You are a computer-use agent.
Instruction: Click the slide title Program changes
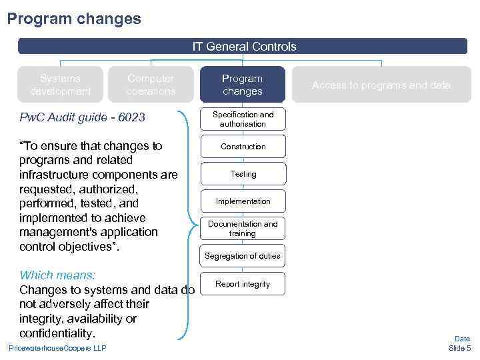tap(74, 19)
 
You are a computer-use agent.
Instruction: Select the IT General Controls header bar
tap(243, 47)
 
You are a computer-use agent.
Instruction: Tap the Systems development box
tap(60, 85)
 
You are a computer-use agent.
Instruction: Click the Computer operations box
tap(151, 85)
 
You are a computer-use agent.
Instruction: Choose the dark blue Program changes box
tap(243, 85)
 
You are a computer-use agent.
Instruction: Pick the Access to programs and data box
tap(381, 85)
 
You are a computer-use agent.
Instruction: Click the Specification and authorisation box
tap(243, 119)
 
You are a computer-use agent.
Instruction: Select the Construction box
tap(243, 147)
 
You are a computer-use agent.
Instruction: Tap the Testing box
tap(243, 174)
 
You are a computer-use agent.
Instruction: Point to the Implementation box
tap(243, 201)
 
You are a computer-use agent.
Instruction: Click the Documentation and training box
tap(243, 229)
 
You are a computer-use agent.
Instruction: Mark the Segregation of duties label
tap(243, 256)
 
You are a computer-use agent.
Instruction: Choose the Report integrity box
tap(243, 284)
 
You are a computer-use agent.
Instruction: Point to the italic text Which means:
tap(57, 275)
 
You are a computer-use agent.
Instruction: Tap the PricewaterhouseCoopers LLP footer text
tap(57, 348)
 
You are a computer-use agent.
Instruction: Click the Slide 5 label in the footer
tap(459, 348)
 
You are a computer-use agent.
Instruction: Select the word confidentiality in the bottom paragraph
tap(57, 333)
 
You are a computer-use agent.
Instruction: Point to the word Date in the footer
tap(462, 339)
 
